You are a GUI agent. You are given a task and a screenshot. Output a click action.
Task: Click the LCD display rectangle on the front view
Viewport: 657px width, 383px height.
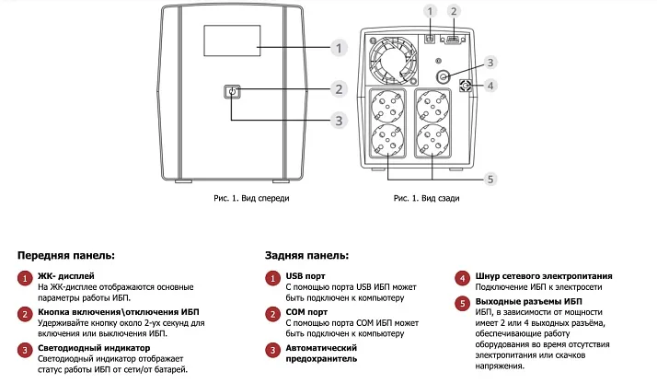coord(230,46)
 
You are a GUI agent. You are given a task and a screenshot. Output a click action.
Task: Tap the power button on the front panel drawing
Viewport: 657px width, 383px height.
coord(231,90)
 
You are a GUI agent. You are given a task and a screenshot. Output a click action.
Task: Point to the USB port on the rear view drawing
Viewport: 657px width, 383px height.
coord(430,39)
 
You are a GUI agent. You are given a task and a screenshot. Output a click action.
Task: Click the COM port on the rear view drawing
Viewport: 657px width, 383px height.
coord(452,39)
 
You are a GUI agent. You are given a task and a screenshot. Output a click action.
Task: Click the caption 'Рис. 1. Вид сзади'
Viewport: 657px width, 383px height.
coord(426,197)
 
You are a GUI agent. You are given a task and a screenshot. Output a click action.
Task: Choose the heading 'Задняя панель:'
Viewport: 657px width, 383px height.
coord(306,254)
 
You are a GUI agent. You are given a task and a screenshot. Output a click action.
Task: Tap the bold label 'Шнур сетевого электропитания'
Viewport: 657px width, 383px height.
coord(545,276)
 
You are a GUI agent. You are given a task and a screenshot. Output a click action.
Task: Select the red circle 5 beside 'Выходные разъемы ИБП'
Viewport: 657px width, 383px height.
coord(461,302)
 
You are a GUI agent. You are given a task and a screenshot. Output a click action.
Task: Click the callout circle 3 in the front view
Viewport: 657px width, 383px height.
coord(339,121)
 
